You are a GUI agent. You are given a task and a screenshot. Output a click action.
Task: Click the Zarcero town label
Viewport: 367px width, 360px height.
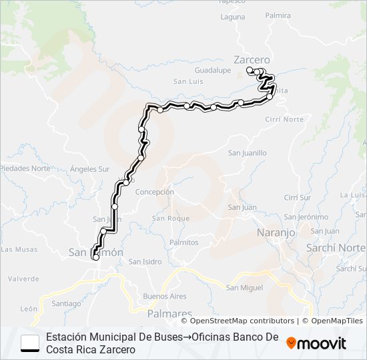coord(252,58)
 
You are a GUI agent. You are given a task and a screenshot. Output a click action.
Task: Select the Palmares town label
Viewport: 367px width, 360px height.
coord(167,313)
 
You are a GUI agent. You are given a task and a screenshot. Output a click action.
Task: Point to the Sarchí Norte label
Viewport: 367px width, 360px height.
coord(336,247)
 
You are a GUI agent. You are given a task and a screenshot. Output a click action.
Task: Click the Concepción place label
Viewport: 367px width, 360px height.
coord(155,192)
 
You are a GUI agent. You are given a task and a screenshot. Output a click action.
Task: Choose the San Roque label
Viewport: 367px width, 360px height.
coord(171,218)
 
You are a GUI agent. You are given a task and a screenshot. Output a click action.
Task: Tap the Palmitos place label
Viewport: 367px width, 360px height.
coord(183,243)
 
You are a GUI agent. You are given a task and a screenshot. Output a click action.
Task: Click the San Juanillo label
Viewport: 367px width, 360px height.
coord(247,153)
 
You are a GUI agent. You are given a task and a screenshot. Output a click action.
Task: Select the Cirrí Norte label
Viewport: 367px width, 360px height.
coord(284,119)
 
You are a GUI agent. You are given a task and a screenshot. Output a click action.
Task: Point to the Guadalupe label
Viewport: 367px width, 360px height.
coord(212,70)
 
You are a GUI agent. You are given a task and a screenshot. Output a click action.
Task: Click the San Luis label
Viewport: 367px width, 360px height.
coord(188,81)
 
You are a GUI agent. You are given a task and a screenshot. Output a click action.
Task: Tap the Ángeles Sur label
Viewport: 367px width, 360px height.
coord(89,169)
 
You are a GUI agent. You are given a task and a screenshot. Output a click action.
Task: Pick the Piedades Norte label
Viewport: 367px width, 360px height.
coord(25,168)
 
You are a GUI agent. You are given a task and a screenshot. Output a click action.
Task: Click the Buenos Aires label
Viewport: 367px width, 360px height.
coord(164,295)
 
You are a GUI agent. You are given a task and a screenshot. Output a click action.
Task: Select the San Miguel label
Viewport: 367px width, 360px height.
coord(244,287)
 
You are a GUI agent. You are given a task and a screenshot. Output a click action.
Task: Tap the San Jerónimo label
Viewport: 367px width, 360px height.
coord(306,217)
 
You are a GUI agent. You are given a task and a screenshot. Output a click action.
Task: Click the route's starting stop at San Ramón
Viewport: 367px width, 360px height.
coord(95,257)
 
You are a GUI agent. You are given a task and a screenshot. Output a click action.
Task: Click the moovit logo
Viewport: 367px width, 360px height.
coord(316,343)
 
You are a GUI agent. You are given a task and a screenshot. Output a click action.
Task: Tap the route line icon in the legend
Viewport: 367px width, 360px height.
coord(30,343)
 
